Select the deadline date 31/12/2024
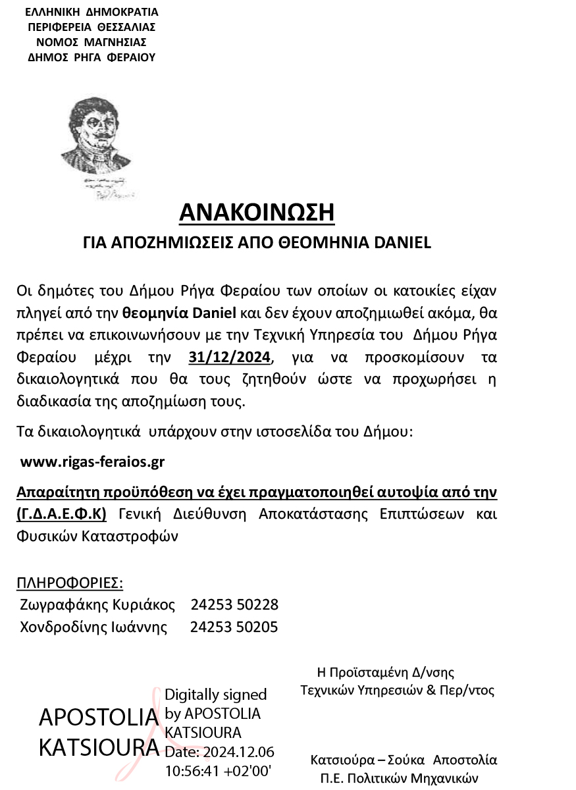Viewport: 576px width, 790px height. point(230,358)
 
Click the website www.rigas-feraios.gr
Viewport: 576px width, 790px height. point(92,462)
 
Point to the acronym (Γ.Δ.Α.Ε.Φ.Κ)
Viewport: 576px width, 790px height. point(61,513)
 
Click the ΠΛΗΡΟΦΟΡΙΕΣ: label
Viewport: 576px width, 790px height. point(69,583)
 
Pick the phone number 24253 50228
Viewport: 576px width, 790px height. point(234,604)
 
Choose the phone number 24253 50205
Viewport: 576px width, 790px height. point(234,627)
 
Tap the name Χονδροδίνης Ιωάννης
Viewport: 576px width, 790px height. point(93,627)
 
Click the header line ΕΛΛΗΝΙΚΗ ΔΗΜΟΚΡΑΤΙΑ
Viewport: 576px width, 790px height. point(92,12)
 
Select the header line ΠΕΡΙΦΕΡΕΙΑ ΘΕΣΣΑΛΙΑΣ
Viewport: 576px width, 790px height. point(92,27)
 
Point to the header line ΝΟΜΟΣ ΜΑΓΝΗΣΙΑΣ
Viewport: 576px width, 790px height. point(92,42)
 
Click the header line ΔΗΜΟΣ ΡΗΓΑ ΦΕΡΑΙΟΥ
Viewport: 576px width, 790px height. point(92,57)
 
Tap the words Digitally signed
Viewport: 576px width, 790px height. point(215,695)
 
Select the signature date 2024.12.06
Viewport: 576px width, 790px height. point(238,752)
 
